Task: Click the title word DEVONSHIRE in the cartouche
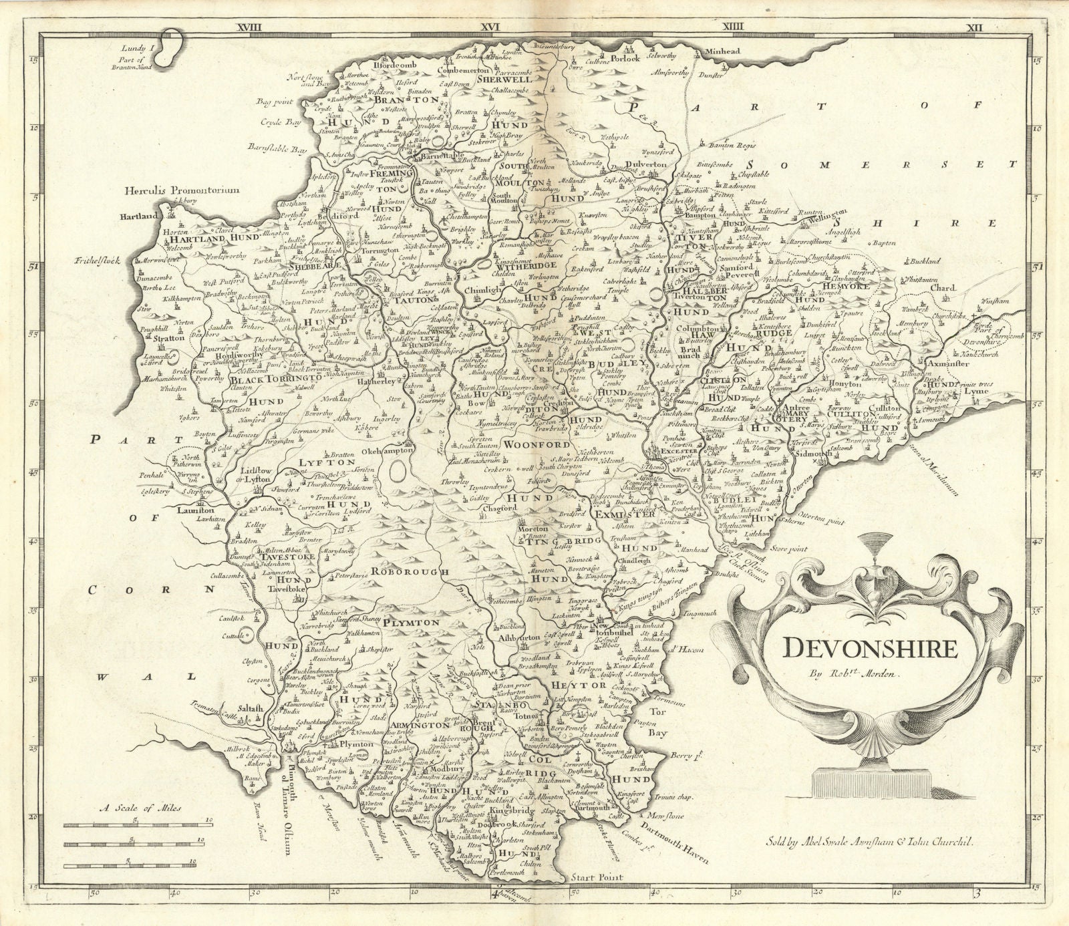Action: tap(870, 648)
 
